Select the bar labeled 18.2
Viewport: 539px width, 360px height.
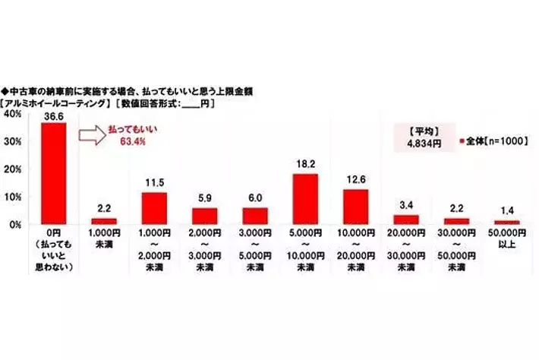pos(304,199)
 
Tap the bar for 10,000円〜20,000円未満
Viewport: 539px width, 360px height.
pos(355,207)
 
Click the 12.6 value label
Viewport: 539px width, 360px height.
pos(355,181)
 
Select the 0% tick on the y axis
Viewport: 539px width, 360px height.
pos(14,224)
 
